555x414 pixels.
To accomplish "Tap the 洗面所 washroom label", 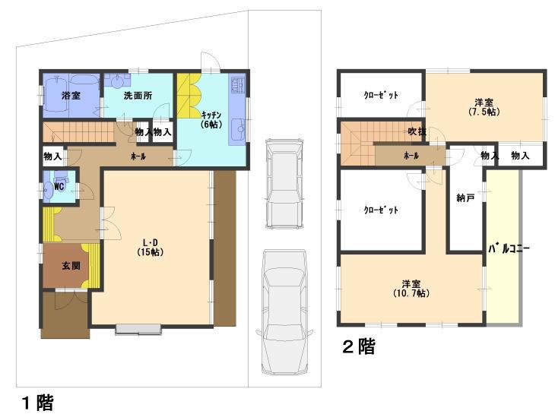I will click(137, 96).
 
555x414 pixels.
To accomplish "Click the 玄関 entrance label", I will click(70, 265).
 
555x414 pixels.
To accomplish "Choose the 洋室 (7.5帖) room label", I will click(484, 106).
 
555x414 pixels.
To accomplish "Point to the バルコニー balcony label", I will click(503, 248).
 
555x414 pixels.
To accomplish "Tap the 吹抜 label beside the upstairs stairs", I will click(416, 131).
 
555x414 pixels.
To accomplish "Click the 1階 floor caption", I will click(36, 402).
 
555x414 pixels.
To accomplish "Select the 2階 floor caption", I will click(358, 347).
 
